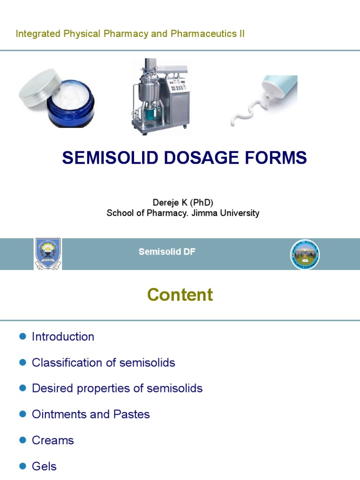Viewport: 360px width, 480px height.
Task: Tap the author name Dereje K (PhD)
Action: pos(183,202)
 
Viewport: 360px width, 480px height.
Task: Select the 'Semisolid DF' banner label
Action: pos(167,252)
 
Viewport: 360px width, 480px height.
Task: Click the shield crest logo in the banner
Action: pos(48,254)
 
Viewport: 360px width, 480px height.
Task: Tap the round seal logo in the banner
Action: pos(304,254)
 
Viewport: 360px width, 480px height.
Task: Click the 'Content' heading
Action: pos(180,295)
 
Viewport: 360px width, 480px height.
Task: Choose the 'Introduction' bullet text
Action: pos(63,337)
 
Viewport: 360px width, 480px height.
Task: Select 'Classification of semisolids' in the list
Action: pos(103,362)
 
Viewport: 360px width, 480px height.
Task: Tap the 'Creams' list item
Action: pos(53,441)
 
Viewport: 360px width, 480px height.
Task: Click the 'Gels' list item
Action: pos(44,466)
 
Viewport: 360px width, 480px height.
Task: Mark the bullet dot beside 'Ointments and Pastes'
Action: pos(22,414)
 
